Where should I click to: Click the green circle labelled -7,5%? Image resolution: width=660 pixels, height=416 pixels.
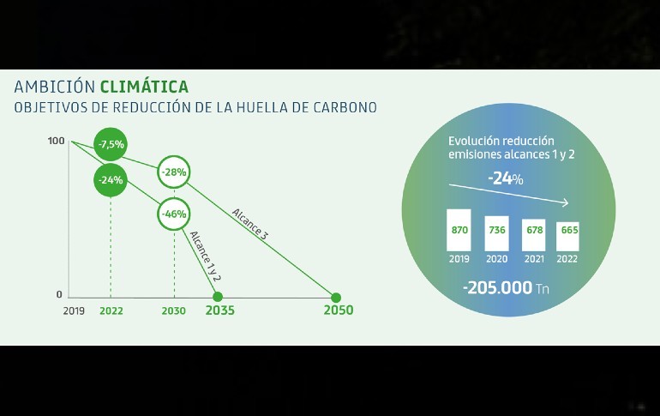(x=111, y=144)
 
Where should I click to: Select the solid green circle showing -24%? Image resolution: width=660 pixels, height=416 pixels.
(x=111, y=180)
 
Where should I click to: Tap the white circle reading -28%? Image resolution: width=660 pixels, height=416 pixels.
(x=174, y=172)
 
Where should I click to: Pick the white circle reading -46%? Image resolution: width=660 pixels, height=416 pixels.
(x=174, y=214)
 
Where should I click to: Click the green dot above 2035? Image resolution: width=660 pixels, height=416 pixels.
(x=218, y=297)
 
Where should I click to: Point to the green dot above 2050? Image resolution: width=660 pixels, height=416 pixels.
(x=336, y=298)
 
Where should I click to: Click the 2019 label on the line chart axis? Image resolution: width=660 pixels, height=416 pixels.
(x=74, y=311)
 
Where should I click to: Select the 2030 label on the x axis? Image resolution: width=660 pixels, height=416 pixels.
(x=173, y=311)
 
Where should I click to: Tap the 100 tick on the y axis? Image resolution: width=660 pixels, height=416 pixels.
(x=56, y=141)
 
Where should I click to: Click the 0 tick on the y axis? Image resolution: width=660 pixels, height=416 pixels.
(x=59, y=295)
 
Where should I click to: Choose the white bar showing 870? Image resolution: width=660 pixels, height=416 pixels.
(x=459, y=231)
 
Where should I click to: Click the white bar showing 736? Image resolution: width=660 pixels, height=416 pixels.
(x=496, y=233)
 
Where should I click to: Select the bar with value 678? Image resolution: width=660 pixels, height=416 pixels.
(x=534, y=235)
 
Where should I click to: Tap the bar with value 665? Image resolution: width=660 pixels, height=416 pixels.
(x=567, y=237)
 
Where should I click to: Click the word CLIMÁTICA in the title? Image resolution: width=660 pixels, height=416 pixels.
(x=144, y=87)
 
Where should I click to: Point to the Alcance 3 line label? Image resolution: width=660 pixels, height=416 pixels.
(x=249, y=225)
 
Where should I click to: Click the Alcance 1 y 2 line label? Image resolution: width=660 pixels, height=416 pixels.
(x=205, y=256)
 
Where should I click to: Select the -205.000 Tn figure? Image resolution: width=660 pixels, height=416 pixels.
(x=506, y=288)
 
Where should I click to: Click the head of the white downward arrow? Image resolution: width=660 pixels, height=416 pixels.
(x=567, y=203)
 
